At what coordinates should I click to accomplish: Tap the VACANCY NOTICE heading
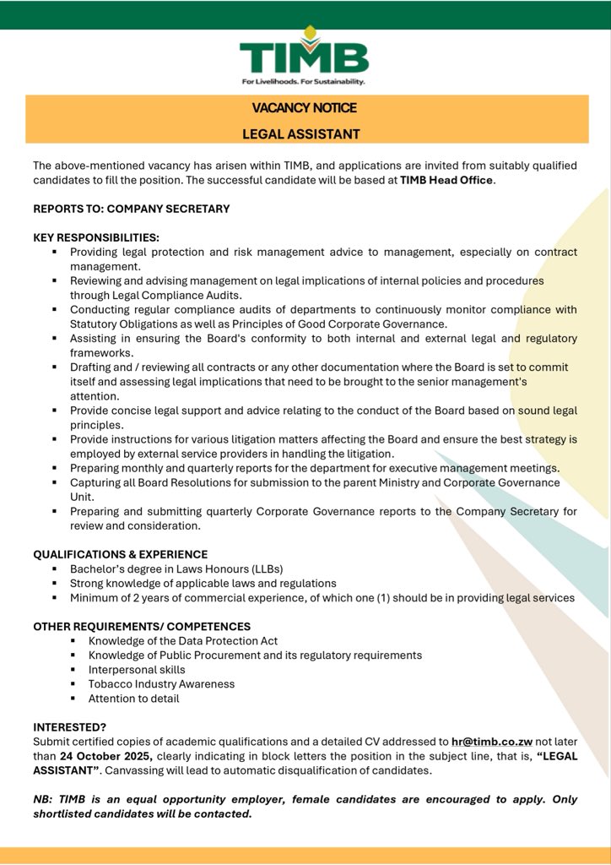[304, 108]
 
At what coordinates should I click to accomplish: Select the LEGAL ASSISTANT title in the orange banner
[301, 133]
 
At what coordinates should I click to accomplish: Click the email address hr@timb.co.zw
[483, 741]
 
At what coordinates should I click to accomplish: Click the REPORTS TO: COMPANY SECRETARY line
[131, 209]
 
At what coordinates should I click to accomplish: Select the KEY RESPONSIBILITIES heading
[95, 238]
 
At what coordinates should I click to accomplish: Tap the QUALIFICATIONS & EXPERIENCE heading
[120, 554]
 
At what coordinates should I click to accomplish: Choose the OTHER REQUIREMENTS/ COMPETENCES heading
[142, 627]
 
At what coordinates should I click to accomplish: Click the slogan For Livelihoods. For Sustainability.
[304, 82]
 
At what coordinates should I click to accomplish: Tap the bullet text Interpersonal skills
[137, 670]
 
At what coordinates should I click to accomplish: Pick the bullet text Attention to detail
[133, 699]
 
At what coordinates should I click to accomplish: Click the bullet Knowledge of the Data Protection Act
[182, 641]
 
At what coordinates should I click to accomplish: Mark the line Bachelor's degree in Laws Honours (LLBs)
[176, 569]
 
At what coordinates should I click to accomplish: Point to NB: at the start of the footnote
[44, 799]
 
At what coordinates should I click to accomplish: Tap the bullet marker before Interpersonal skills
[74, 670]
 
